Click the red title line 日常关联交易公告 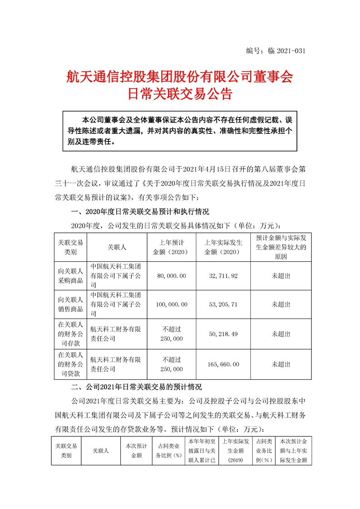pos(180,94)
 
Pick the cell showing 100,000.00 pos(168,305)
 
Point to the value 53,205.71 pos(223,305)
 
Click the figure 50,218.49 pos(223,334)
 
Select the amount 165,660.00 pos(223,364)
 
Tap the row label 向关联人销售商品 pos(69,305)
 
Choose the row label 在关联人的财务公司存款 pos(69,334)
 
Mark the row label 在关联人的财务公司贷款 pos(69,364)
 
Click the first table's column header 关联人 pos(117,247)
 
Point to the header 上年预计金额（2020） pos(168,247)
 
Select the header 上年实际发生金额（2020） pos(223,247)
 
